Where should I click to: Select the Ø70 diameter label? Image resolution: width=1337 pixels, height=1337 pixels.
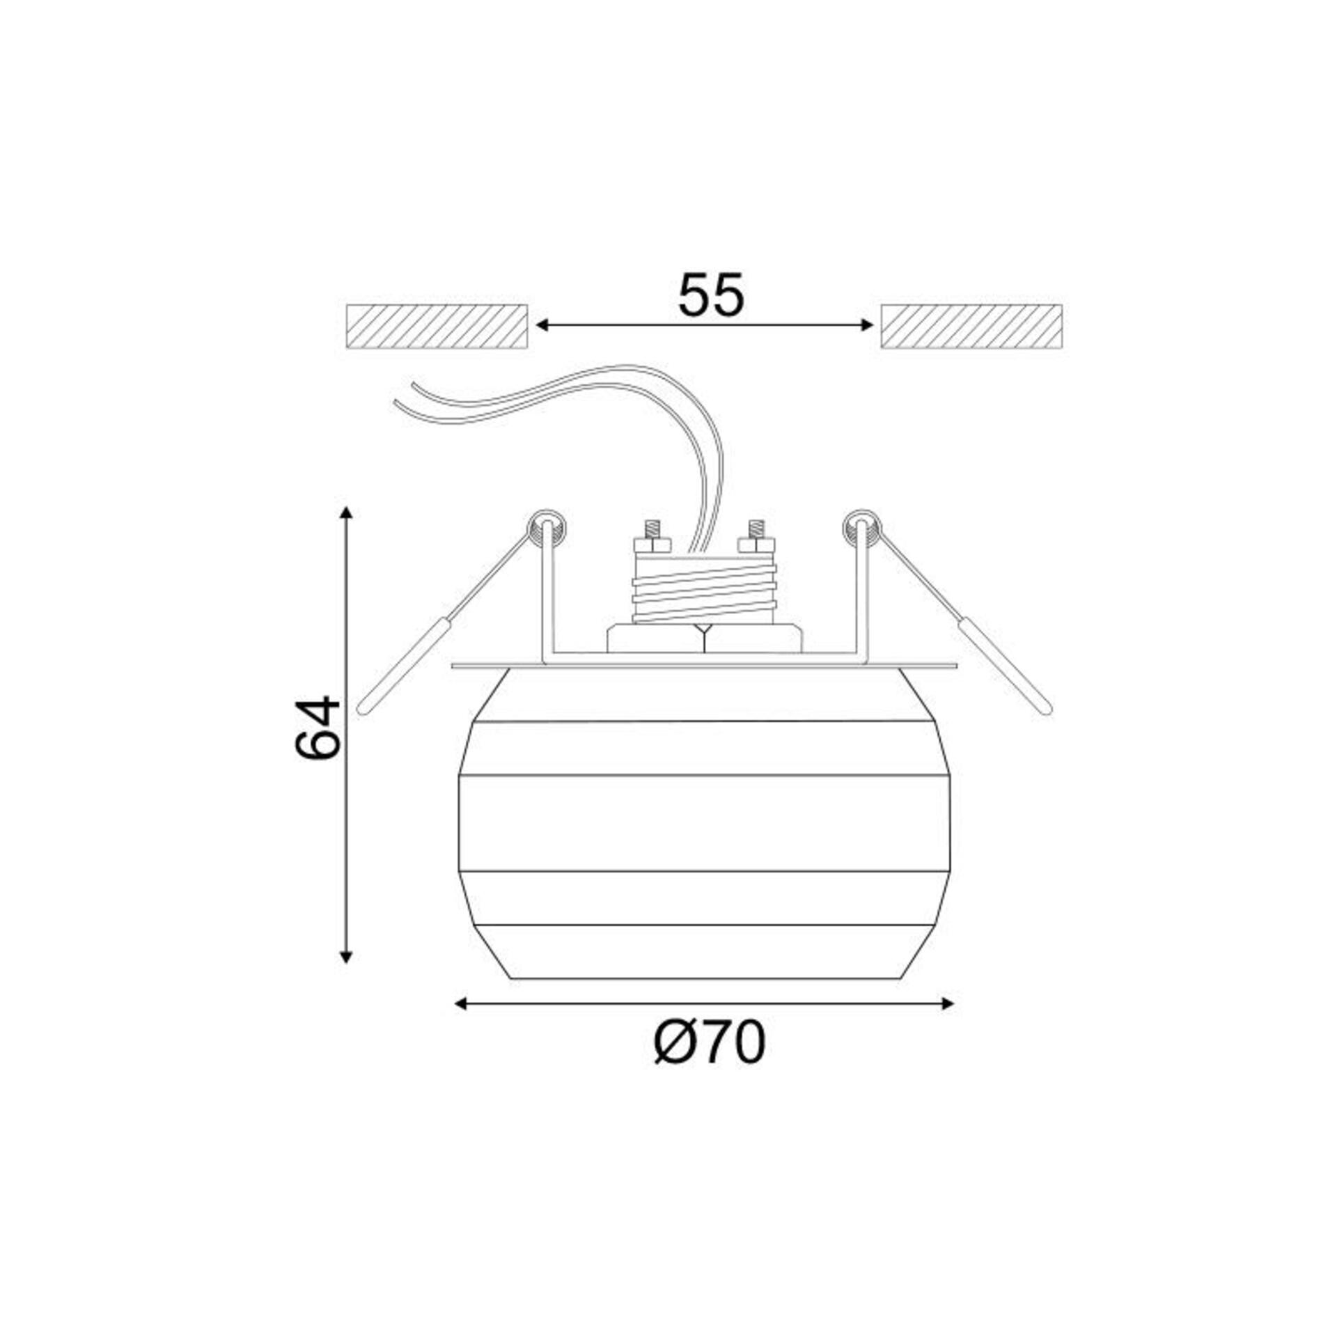(x=710, y=1062)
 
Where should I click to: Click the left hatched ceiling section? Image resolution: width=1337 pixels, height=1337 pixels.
(x=437, y=326)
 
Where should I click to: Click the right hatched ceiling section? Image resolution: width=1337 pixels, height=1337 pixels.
(x=971, y=326)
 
